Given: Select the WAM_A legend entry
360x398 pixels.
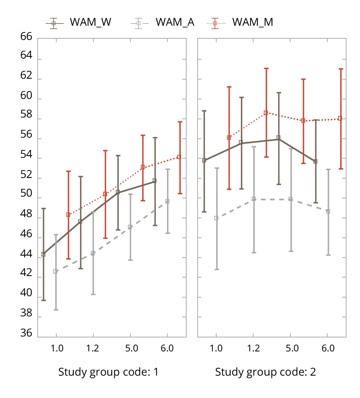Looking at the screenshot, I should tap(162, 22).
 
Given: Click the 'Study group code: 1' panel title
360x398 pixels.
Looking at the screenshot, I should tap(108, 372).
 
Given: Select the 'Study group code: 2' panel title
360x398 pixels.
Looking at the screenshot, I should tap(266, 372).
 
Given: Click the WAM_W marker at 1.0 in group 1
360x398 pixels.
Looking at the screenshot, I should tap(43, 254).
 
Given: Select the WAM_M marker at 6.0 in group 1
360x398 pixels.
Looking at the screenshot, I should tap(179, 157).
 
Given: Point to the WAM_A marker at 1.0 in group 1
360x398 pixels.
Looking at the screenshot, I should tap(56, 272).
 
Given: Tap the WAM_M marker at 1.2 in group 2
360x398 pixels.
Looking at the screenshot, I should tap(266, 113).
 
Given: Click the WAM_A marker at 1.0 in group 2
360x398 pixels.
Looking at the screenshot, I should tap(216, 218).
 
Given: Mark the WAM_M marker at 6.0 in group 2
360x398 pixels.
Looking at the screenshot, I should tap(340, 119).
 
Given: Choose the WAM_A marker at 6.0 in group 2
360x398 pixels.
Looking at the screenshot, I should tap(328, 211).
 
